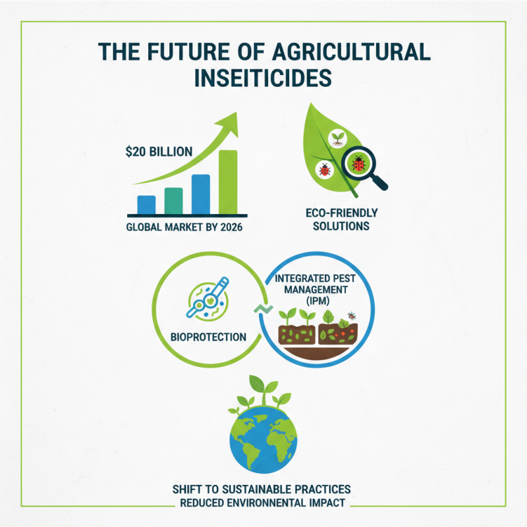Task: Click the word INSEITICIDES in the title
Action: click(x=263, y=77)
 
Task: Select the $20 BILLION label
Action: click(x=159, y=152)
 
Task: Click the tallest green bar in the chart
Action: click(x=227, y=183)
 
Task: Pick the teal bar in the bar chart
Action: click(x=173, y=202)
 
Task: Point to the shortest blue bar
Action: click(x=146, y=206)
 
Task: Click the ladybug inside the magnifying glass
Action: click(x=358, y=163)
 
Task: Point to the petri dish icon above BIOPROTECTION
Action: click(x=207, y=302)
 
